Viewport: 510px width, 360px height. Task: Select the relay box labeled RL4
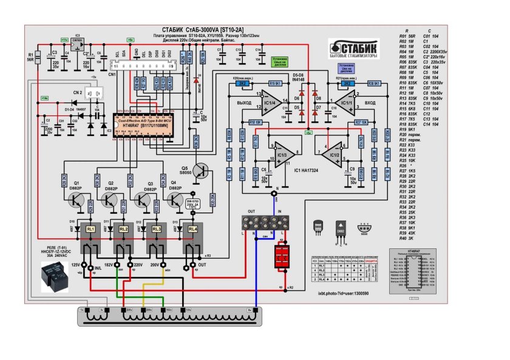[192, 229]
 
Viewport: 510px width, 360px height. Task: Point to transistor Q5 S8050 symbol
[199, 171]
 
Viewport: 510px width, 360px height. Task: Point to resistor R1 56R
[38, 58]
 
